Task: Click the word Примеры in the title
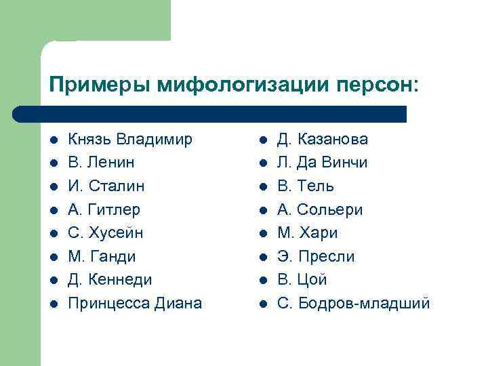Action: [x=100, y=85]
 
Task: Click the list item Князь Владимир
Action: [x=130, y=140]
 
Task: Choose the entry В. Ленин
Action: [x=102, y=163]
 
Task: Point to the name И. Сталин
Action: [x=106, y=186]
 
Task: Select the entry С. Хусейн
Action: [x=106, y=232]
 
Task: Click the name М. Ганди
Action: [x=102, y=256]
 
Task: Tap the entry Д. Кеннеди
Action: [x=110, y=279]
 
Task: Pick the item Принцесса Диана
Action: [x=136, y=303]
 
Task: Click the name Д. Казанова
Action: [x=323, y=140]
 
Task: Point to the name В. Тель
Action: [x=306, y=186]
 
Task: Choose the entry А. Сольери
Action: [x=320, y=209]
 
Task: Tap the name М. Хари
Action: [x=307, y=232]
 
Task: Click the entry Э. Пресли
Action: [x=316, y=256]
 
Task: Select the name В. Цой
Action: [x=302, y=279]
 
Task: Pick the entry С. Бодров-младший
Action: [x=353, y=303]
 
